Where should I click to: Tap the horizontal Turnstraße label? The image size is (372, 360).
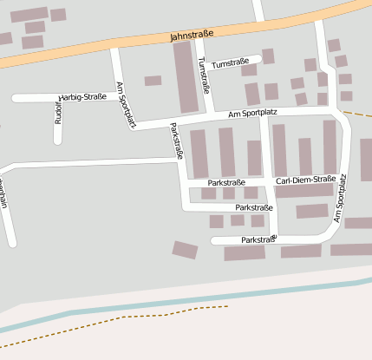[x=230, y=62]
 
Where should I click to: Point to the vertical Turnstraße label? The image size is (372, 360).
[x=204, y=75]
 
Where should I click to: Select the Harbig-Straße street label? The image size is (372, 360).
[x=82, y=97]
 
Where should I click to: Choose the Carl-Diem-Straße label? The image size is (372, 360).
[x=305, y=180]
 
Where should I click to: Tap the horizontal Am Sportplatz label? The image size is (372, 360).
[x=254, y=114]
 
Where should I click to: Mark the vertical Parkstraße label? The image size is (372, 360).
[x=176, y=141]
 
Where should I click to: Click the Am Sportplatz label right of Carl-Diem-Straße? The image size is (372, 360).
[x=339, y=200]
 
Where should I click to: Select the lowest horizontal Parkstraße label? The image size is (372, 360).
[x=258, y=239]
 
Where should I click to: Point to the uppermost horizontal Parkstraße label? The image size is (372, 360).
[x=227, y=182]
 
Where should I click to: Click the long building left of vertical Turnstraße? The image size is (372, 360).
[x=186, y=76]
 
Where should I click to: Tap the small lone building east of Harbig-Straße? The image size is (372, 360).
[x=153, y=81]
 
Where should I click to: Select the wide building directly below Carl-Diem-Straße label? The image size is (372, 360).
[x=304, y=191]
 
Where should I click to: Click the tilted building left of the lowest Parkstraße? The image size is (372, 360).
[x=185, y=250]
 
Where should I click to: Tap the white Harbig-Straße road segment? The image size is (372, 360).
[x=35, y=98]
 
